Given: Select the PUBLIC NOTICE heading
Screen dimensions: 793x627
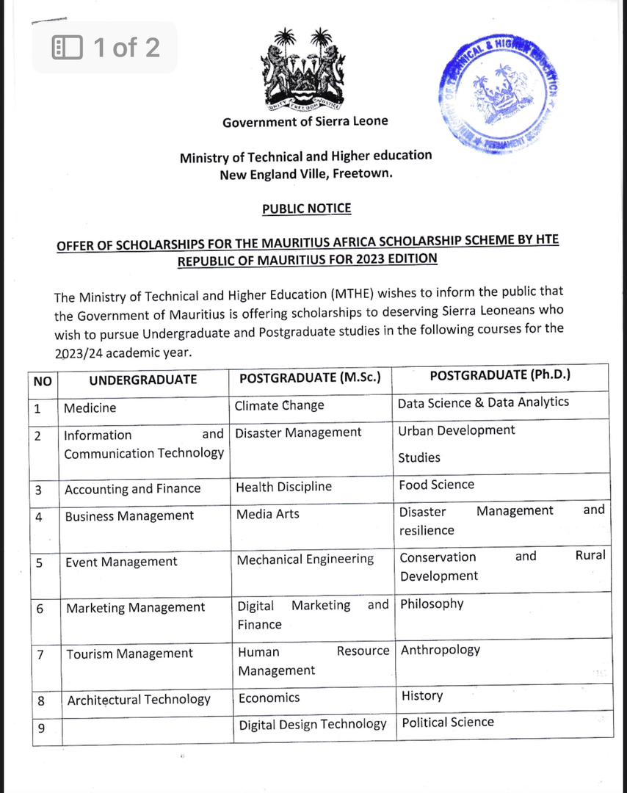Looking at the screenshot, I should point(307,209).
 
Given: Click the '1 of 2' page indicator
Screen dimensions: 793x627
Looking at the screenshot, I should point(106,48).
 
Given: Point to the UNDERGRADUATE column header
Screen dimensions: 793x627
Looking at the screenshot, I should point(143,380).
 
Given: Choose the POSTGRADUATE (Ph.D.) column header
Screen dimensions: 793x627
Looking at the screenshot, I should point(500,375).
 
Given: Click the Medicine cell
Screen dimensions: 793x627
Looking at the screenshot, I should point(90,408).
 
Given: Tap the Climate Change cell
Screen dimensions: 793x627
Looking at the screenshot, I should point(279,405).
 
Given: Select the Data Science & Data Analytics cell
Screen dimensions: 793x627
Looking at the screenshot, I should point(483,402).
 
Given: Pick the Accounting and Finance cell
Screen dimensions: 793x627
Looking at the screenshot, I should point(132,489).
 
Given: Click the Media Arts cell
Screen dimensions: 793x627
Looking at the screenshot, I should point(268,514).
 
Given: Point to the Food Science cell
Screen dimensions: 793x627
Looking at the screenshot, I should point(437,485).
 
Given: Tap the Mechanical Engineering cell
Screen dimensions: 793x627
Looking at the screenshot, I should point(305,560).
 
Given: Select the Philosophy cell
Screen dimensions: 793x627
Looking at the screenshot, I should point(432,604).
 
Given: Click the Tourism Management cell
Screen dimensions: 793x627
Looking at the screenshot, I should point(130,653).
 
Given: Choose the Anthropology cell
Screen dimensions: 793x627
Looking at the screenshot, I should point(441,650).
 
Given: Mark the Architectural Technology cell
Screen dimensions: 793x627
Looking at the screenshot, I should point(139,700).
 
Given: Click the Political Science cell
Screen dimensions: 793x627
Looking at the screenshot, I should point(448,723).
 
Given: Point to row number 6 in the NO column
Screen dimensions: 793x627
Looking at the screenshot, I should point(40,609).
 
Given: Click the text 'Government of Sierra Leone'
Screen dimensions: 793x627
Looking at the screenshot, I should point(305,122).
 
